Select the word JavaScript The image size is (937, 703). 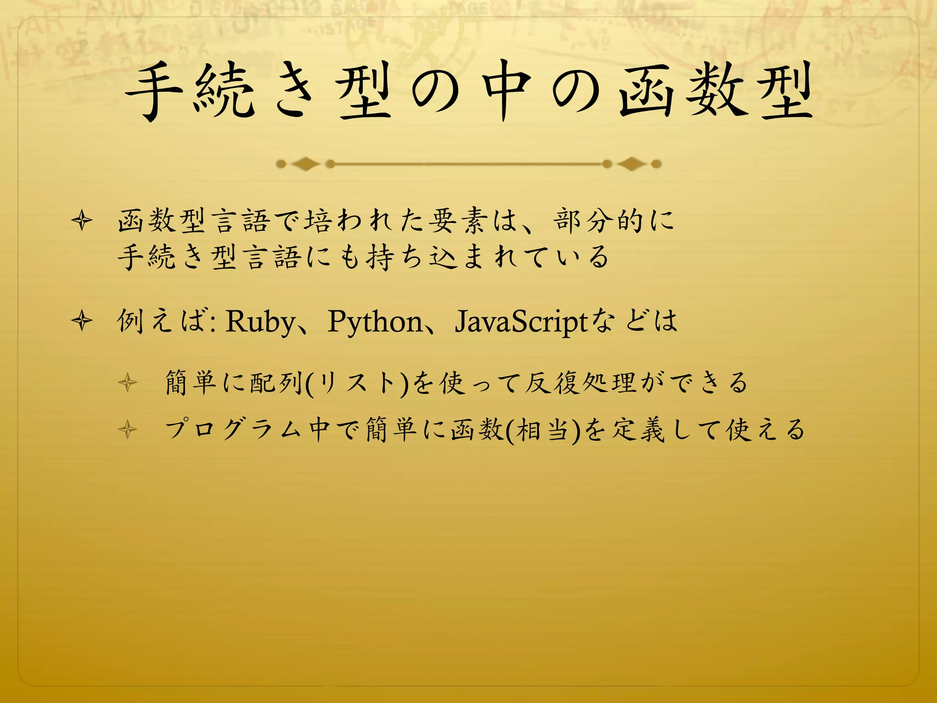coord(521,322)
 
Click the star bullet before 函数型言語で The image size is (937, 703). coord(82,221)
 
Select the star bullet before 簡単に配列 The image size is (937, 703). coord(127,383)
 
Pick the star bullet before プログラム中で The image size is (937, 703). coord(127,430)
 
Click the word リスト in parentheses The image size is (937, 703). coord(356,383)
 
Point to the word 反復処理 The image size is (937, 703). coord(580,383)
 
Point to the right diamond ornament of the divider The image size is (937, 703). coord(631,163)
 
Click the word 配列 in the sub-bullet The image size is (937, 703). coord(277,383)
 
